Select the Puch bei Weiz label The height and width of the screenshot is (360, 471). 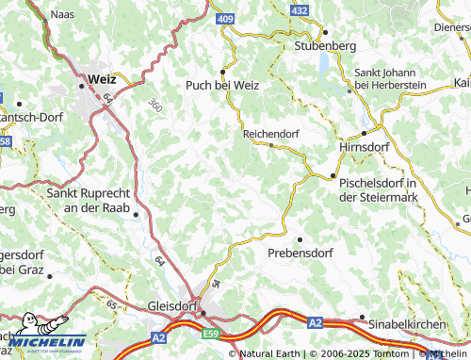pyautogui.click(x=223, y=84)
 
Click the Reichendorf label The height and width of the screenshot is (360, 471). pyautogui.click(x=270, y=134)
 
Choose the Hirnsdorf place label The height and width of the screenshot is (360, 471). pyautogui.click(x=363, y=148)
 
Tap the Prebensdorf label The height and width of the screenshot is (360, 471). pyautogui.click(x=300, y=254)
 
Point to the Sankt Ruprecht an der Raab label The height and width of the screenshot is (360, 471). pyautogui.click(x=90, y=200)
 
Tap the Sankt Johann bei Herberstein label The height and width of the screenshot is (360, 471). pyautogui.click(x=390, y=79)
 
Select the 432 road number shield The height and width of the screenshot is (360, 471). pyautogui.click(x=299, y=9)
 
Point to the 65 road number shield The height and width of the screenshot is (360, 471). pyautogui.click(x=112, y=304)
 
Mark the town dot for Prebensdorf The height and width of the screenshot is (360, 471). pyautogui.click(x=300, y=237)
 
